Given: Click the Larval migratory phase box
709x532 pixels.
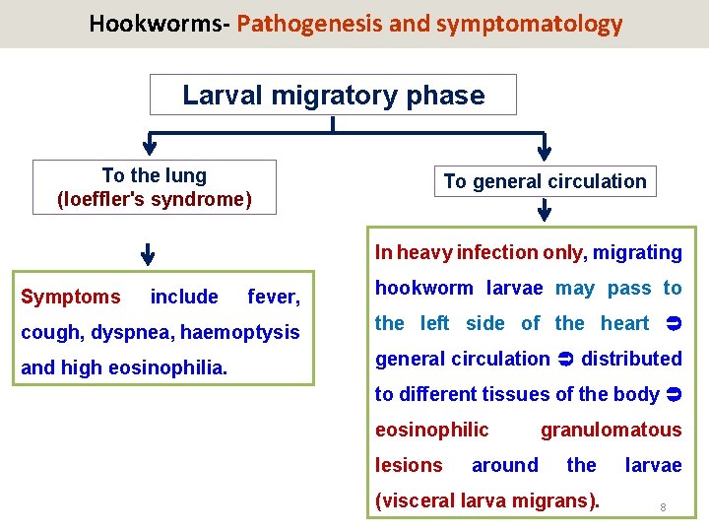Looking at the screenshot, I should pyautogui.click(x=333, y=96).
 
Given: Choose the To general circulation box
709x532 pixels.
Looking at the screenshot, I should pyautogui.click(x=545, y=181).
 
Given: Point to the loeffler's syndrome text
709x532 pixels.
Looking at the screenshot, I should pyautogui.click(x=155, y=199).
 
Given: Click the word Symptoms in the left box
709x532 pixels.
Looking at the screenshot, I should pyautogui.click(x=71, y=297).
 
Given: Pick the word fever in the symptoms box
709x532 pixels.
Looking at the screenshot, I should pyautogui.click(x=273, y=297).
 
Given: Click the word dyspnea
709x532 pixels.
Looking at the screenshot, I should pyautogui.click(x=131, y=333).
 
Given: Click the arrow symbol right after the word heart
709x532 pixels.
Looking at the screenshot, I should pyautogui.click(x=674, y=323).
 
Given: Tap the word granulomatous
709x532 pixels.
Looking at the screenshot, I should pyautogui.click(x=611, y=430).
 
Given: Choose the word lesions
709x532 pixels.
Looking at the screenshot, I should pyautogui.click(x=409, y=465).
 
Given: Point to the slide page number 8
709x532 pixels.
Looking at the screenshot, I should pyautogui.click(x=663, y=507).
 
